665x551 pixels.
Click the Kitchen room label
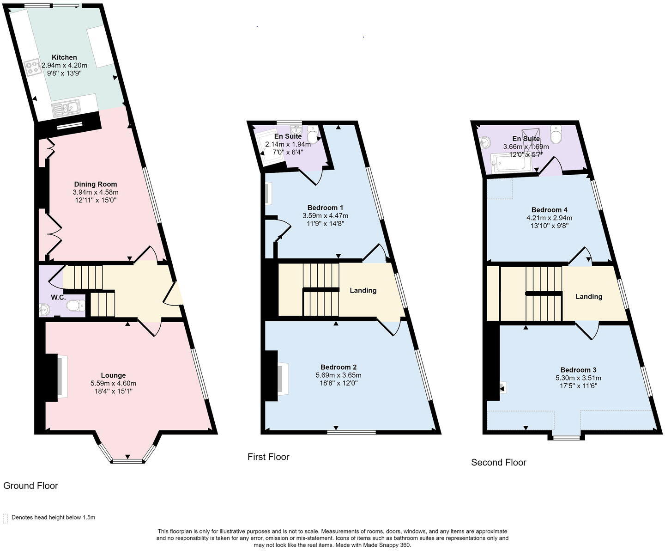(64, 57)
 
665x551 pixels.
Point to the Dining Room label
(96, 184)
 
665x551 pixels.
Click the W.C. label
(58, 298)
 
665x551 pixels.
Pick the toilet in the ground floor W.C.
(76, 306)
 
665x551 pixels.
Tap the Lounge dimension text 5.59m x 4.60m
(114, 383)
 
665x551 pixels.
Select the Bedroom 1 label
(325, 208)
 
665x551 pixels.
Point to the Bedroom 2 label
(339, 367)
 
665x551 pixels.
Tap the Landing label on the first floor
(363, 290)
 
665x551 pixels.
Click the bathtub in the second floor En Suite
(508, 163)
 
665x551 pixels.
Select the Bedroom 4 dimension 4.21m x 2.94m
(550, 218)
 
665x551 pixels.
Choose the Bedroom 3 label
(578, 370)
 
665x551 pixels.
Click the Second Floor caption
(499, 462)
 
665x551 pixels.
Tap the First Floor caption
(268, 457)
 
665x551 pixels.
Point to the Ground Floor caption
(30, 486)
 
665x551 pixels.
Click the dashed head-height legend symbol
(5, 519)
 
